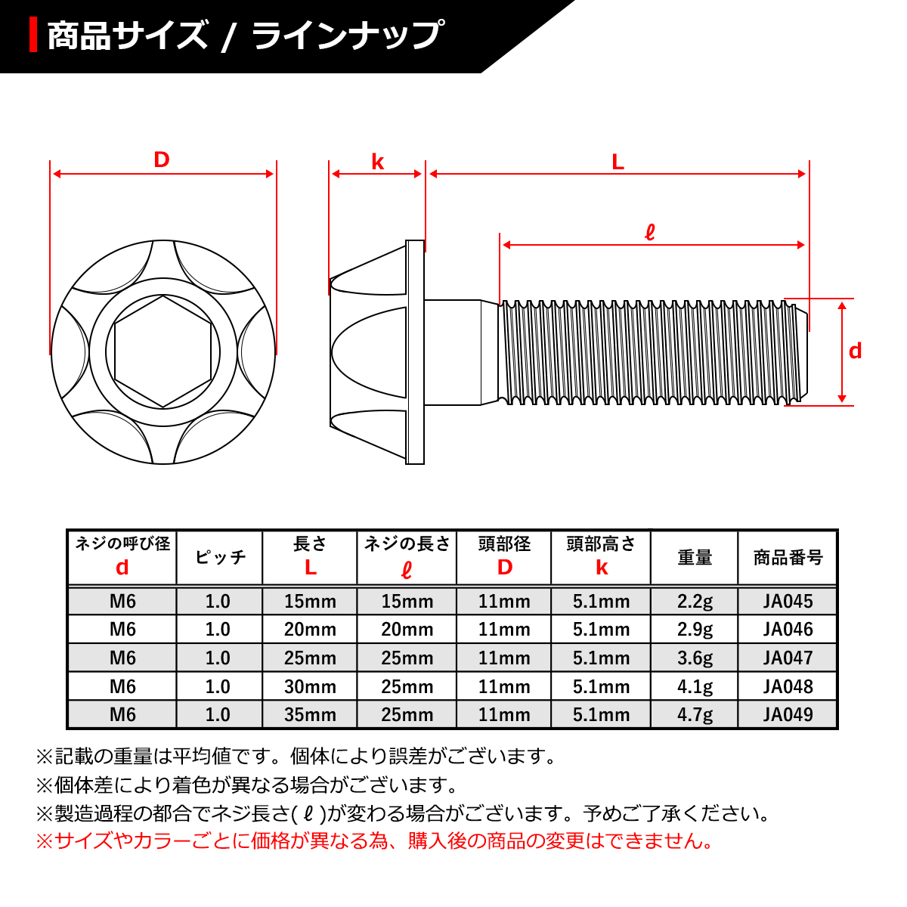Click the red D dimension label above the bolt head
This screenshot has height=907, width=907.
click(162, 159)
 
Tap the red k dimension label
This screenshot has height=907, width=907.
click(377, 162)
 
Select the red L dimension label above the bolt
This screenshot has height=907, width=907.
click(618, 162)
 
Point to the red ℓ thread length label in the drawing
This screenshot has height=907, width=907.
click(649, 232)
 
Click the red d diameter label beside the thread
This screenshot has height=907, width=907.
click(855, 351)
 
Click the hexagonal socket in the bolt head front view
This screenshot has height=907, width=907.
click(163, 351)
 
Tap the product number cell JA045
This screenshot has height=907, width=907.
click(788, 602)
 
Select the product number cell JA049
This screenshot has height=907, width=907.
click(788, 714)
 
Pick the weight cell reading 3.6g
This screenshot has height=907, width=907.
click(695, 658)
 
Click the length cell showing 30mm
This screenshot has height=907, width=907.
click(310, 686)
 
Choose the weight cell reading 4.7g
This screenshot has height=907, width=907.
click(695, 714)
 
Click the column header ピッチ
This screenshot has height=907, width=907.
click(220, 558)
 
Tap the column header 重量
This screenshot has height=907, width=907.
click(695, 558)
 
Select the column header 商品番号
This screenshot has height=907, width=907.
click(788, 558)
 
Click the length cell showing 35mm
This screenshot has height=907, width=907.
click(310, 714)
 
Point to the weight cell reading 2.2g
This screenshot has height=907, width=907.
click(695, 602)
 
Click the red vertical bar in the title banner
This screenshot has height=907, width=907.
click(33, 36)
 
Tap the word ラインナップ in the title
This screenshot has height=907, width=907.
click(347, 36)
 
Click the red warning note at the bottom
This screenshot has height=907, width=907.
click(374, 840)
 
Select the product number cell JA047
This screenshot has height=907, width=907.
click(788, 658)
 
